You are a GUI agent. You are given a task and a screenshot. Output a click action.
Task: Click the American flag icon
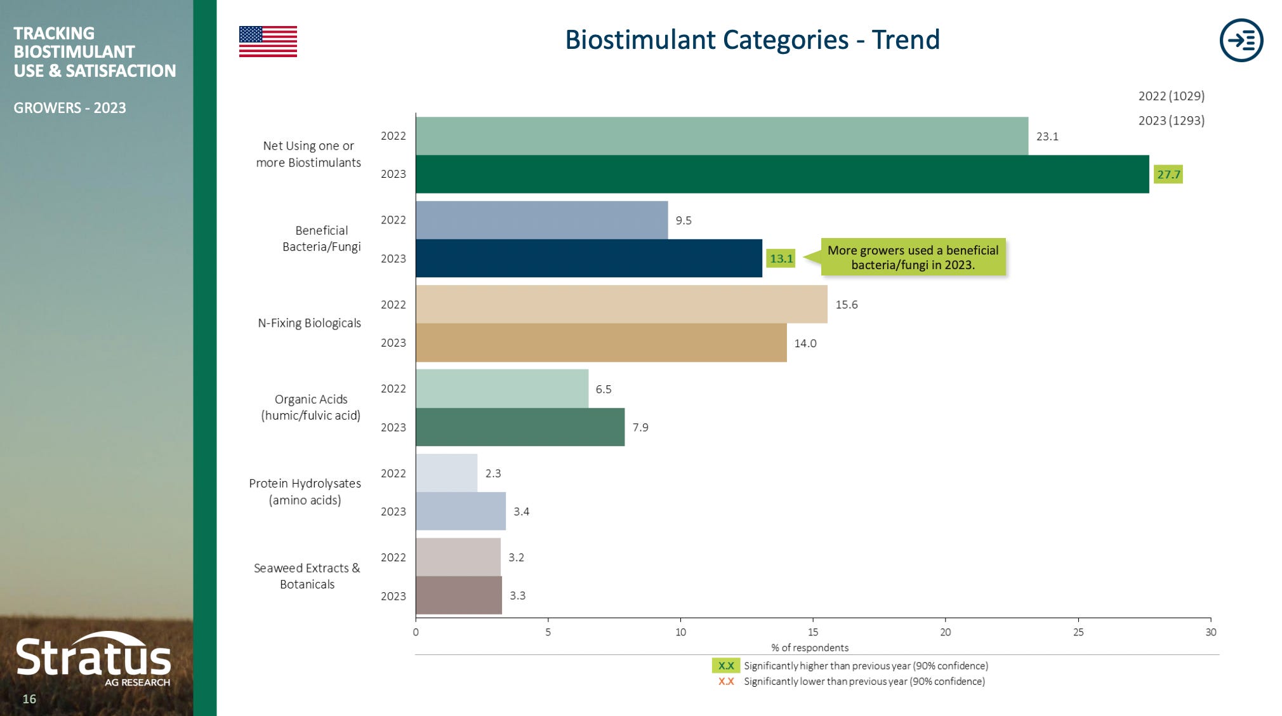pyautogui.click(x=268, y=41)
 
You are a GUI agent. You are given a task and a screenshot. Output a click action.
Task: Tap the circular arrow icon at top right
pyautogui.click(x=1241, y=40)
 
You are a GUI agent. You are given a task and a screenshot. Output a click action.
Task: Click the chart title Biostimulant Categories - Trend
pyautogui.click(x=752, y=39)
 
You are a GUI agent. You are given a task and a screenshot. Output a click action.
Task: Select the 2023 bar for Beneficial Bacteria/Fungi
pyautogui.click(x=588, y=258)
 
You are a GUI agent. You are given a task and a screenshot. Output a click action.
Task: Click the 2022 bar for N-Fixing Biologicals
pyautogui.click(x=621, y=304)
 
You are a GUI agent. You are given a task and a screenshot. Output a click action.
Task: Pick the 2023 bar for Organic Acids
pyautogui.click(x=520, y=427)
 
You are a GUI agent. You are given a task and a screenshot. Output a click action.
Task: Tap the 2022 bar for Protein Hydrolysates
pyautogui.click(x=446, y=473)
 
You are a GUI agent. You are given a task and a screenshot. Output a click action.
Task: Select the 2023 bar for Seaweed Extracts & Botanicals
pyautogui.click(x=458, y=595)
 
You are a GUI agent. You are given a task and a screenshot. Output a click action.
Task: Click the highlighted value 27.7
pyautogui.click(x=1168, y=175)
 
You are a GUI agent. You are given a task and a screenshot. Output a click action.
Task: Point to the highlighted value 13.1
pyautogui.click(x=781, y=258)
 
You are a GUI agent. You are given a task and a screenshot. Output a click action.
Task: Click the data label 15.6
pyautogui.click(x=846, y=305)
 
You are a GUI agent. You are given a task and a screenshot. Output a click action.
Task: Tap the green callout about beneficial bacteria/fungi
pyautogui.click(x=913, y=257)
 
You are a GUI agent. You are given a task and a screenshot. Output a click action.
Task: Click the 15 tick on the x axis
pyautogui.click(x=812, y=632)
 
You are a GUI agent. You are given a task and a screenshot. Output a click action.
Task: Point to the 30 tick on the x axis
pyautogui.click(x=1210, y=632)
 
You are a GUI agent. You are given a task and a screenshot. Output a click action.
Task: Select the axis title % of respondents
pyautogui.click(x=809, y=647)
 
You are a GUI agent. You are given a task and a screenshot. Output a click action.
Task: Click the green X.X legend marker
pyautogui.click(x=725, y=666)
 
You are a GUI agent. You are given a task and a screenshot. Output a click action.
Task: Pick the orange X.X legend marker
pyautogui.click(x=725, y=682)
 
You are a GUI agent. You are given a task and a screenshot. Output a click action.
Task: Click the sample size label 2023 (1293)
pyautogui.click(x=1171, y=121)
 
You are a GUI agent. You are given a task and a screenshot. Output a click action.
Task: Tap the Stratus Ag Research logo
pyautogui.click(x=93, y=660)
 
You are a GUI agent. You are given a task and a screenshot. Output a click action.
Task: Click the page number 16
pyautogui.click(x=29, y=699)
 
